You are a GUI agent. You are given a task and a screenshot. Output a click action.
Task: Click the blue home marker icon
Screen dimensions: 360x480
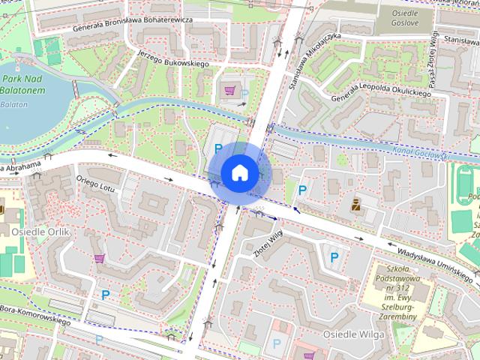(239, 172)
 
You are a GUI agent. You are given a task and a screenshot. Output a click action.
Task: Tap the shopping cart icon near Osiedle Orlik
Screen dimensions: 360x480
(99, 259)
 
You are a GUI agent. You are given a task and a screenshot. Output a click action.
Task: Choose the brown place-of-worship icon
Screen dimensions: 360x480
(355, 203)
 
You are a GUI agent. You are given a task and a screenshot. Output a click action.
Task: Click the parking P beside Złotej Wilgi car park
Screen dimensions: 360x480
(334, 257)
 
